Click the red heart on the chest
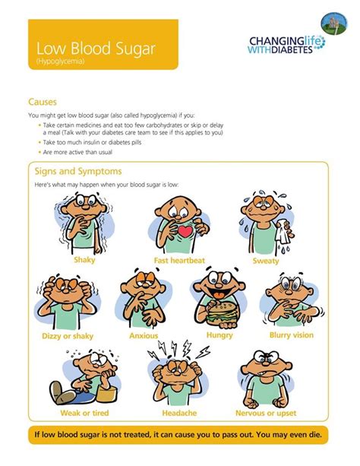coord(185,231)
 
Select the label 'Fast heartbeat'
coord(179,261)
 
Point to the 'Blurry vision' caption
coord(292,335)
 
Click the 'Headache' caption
coord(179,413)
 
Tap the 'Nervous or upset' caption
coord(266,413)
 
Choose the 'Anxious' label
coord(144,336)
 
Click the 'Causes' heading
coord(43,102)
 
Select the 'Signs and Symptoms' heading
coord(78,171)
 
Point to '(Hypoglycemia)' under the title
coord(60,62)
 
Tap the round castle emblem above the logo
coord(334,24)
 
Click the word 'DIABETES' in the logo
coord(292,49)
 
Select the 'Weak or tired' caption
coord(84,413)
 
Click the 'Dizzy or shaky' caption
coord(68,336)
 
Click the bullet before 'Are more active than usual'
coord(39,152)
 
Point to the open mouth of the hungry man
coord(218,293)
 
